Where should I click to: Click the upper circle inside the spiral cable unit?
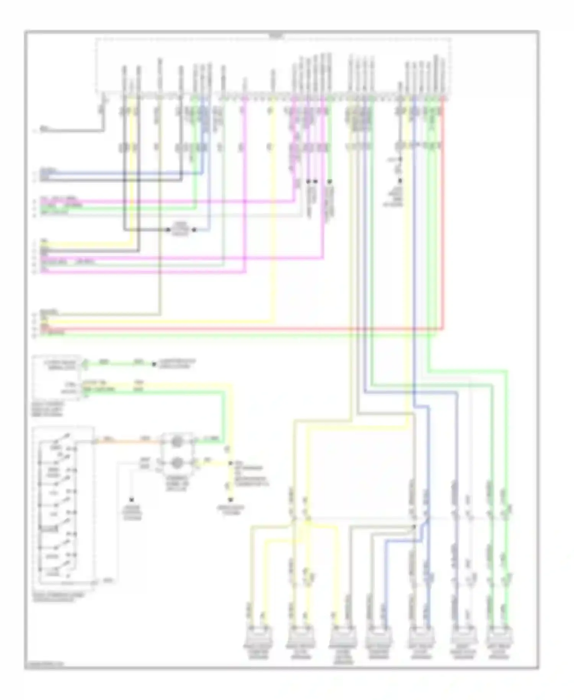tap(177, 442)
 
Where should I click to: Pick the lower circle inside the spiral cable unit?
tap(177, 463)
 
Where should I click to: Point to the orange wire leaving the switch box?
tap(126, 442)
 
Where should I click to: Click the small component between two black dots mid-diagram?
tap(181, 229)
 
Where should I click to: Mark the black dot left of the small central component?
tap(168, 230)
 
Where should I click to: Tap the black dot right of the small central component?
tap(194, 230)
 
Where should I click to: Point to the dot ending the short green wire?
tap(154, 364)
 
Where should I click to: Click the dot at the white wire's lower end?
tap(132, 499)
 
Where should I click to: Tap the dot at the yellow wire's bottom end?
tap(231, 499)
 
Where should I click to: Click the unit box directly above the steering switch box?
tap(57, 377)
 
